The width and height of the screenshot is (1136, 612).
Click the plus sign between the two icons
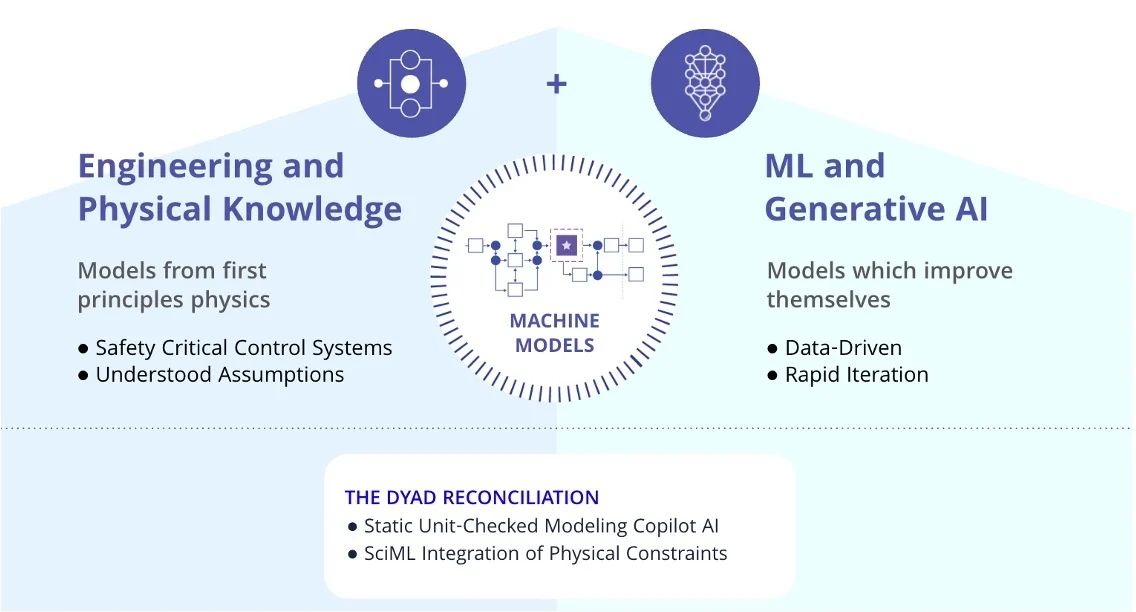(556, 84)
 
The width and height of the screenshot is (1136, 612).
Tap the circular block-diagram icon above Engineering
(411, 84)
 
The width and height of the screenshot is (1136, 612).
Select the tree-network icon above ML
(705, 84)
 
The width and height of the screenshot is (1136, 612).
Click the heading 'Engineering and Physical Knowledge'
(239, 187)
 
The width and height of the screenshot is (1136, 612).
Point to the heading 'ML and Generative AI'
(876, 187)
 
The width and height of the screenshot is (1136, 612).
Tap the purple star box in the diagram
(567, 245)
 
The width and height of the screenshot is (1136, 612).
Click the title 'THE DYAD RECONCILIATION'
(472, 498)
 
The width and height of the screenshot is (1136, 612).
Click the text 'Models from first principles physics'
(174, 285)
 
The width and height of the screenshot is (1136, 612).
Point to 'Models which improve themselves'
(889, 285)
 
